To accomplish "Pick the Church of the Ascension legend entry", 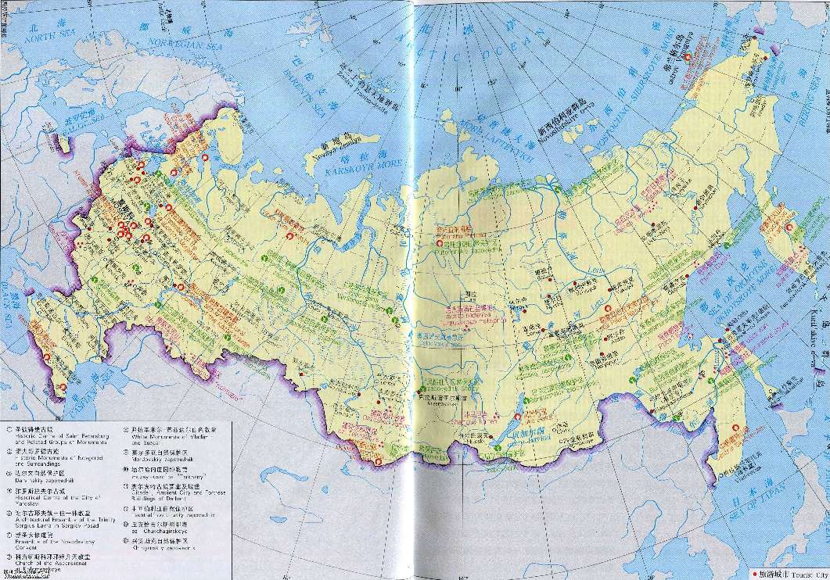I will click(x=47, y=565).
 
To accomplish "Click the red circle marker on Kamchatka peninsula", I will click(x=789, y=227).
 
